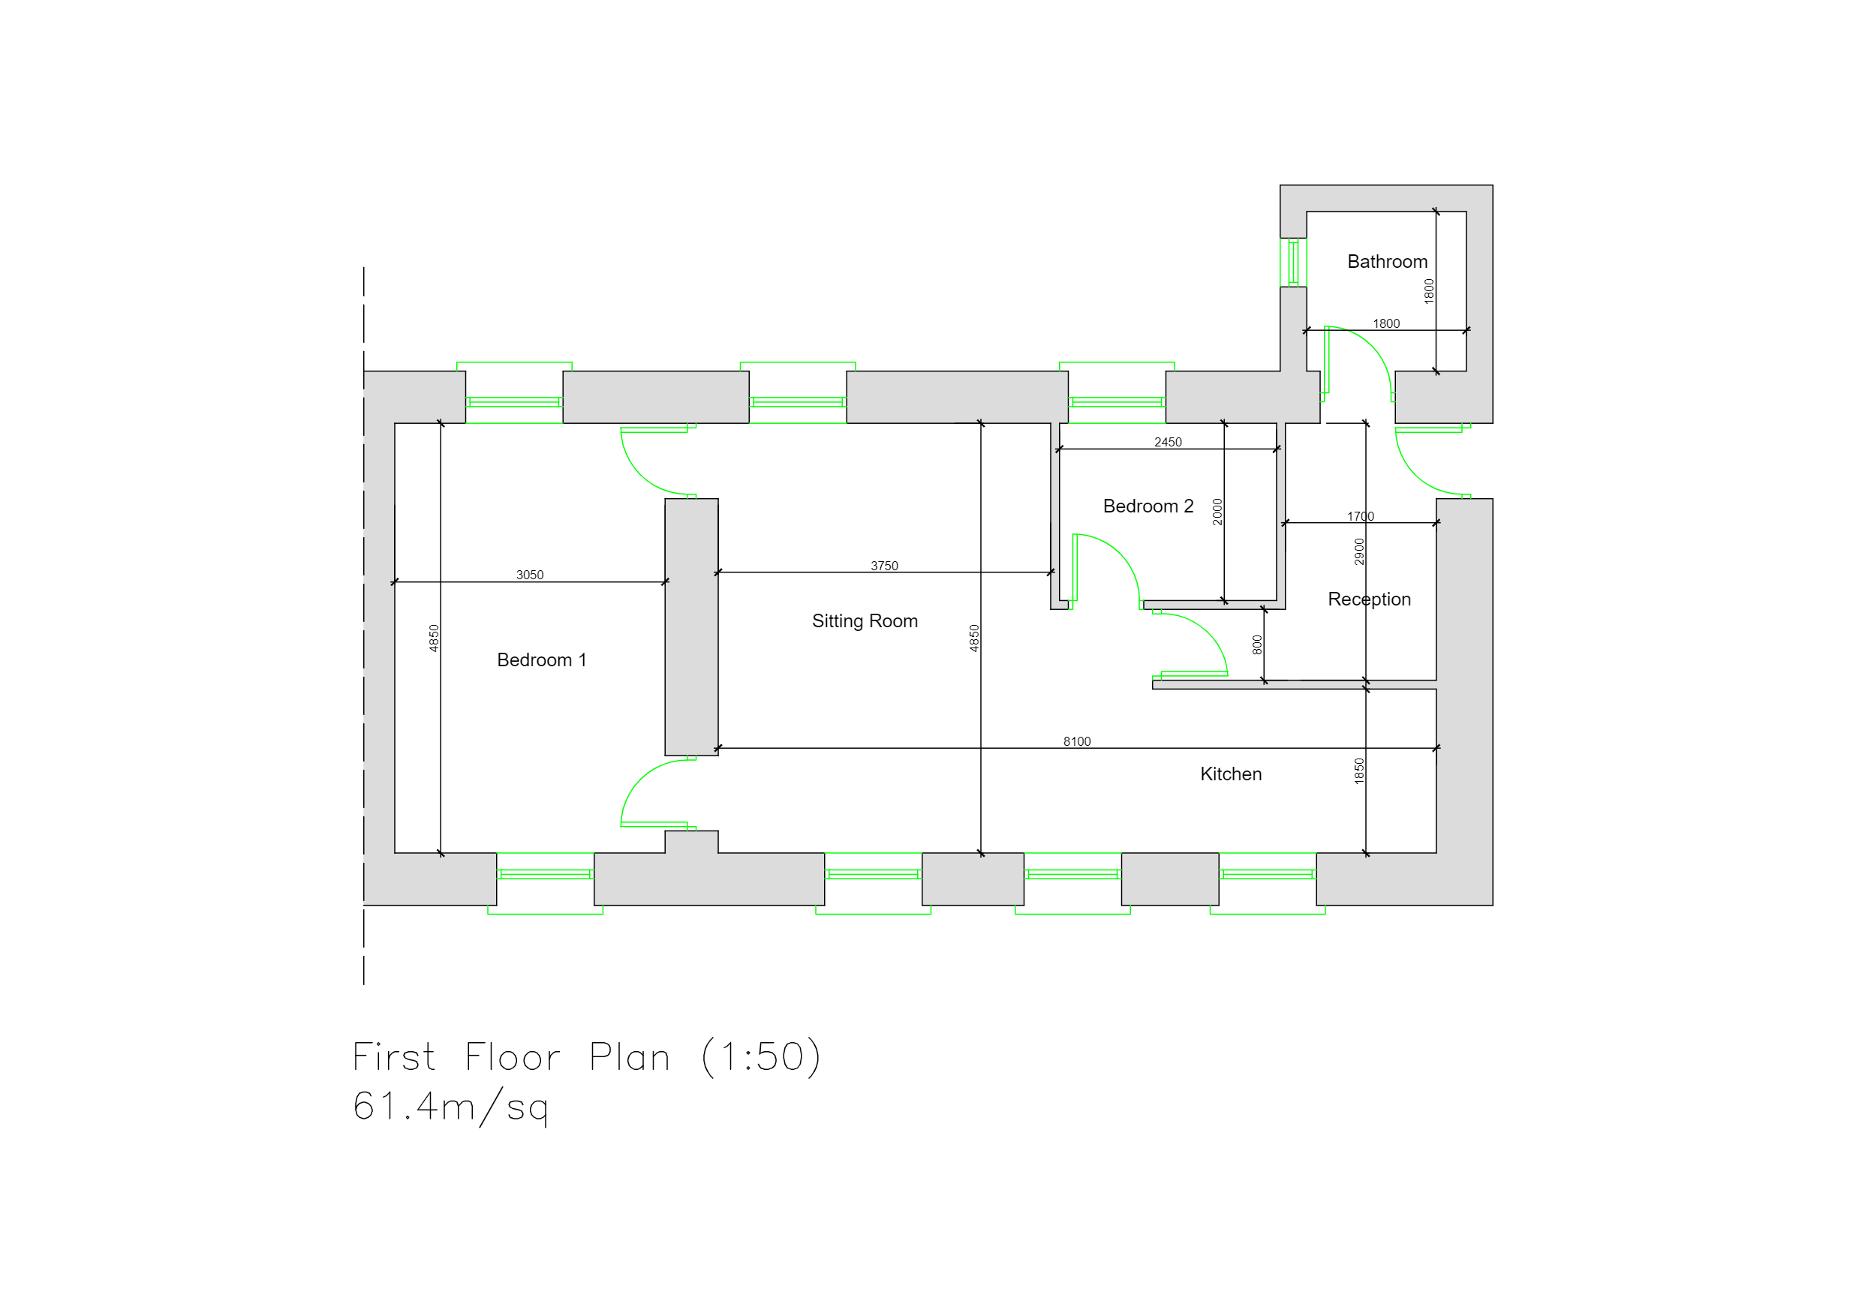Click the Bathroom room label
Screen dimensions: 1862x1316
point(1387,262)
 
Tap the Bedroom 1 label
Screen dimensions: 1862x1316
point(541,660)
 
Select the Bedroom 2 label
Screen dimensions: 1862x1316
point(1148,506)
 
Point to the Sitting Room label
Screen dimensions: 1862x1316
point(865,621)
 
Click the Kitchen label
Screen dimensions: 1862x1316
point(1230,774)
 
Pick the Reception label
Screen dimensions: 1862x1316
point(1369,599)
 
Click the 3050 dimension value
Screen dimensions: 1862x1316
point(530,575)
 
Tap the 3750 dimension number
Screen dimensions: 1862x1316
point(884,566)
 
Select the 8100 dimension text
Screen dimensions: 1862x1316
point(1077,742)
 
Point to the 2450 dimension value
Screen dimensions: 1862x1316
point(1168,443)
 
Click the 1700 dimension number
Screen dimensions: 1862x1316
point(1361,516)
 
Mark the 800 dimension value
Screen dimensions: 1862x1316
point(1257,644)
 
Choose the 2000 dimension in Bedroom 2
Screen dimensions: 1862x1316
point(1217,512)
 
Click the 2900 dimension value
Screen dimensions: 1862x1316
point(1359,551)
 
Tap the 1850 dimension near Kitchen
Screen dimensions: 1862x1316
point(1359,771)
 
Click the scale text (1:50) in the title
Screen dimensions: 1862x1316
point(761,1056)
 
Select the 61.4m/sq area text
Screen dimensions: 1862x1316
point(451,1107)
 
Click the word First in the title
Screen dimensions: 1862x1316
point(394,1056)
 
